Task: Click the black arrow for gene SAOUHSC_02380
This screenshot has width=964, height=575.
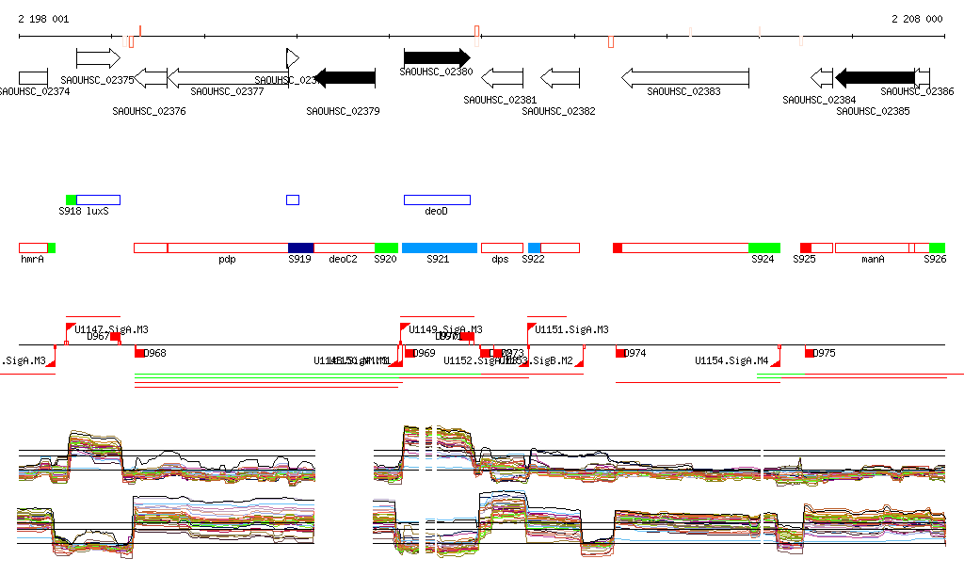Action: click(436, 57)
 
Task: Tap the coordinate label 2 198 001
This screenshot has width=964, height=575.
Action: click(43, 19)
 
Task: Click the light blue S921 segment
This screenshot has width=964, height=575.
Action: click(440, 248)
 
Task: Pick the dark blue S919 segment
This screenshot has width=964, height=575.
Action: click(300, 248)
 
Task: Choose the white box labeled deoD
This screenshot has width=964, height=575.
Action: click(437, 200)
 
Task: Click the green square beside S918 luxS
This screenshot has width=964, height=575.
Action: click(72, 200)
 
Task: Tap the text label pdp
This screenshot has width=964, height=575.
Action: click(227, 260)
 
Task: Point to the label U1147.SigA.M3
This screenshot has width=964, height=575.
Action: click(111, 330)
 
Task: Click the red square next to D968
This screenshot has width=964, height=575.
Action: click(139, 353)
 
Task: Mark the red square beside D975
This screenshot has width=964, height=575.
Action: click(810, 353)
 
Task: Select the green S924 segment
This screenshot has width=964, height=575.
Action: click(763, 248)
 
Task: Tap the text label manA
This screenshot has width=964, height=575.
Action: click(874, 260)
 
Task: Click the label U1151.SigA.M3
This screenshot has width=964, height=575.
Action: click(571, 330)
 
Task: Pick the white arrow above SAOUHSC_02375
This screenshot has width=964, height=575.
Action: click(98, 58)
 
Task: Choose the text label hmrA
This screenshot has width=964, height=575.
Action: click(32, 260)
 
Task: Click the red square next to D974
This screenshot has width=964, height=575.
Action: click(620, 353)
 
